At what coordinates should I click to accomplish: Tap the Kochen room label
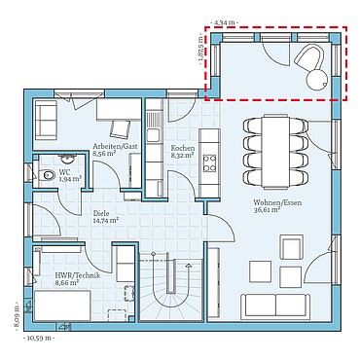click(x=183, y=148)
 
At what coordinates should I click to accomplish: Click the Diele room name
click(x=100, y=213)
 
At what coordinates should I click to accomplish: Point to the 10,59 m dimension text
click(x=38, y=338)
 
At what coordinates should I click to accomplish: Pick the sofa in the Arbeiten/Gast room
click(x=45, y=119)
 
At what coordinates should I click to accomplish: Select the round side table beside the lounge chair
click(x=315, y=81)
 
